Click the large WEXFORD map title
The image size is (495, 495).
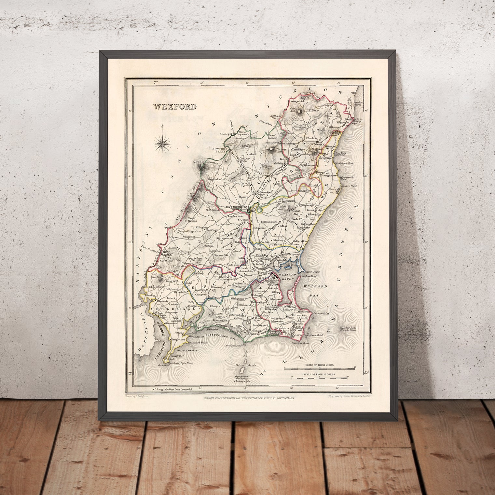pos(175,106)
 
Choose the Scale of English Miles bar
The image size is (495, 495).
pos(320,378)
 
